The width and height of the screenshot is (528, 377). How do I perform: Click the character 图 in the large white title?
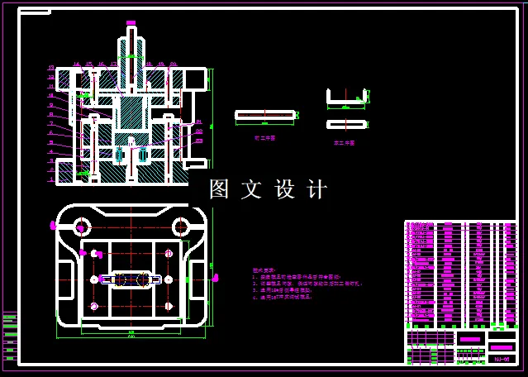pos(219,189)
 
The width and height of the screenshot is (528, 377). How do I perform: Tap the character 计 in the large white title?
pos(317,189)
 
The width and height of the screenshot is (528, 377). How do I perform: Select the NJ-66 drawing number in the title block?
pos(502,359)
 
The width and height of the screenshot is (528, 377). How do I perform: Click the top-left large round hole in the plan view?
pos(81,226)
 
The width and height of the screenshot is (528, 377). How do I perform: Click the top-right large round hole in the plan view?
pos(180,226)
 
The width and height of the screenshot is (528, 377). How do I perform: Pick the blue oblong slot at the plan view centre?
pos(130,279)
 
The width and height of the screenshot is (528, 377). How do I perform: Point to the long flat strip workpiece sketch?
pos(264,114)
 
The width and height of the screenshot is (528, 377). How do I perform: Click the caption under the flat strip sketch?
pos(264,139)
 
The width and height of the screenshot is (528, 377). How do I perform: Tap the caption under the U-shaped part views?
pos(345,142)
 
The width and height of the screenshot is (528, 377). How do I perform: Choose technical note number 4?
pos(285,297)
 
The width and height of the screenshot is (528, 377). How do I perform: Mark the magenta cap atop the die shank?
pos(131,22)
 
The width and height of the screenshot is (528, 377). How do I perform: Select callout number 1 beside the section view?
pos(51,179)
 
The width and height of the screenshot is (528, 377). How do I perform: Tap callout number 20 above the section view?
pos(174,64)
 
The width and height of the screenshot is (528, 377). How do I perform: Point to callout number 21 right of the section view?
pos(198,122)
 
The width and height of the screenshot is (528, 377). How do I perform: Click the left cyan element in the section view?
pos(119,154)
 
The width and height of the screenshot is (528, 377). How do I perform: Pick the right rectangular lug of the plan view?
pos(198,279)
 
